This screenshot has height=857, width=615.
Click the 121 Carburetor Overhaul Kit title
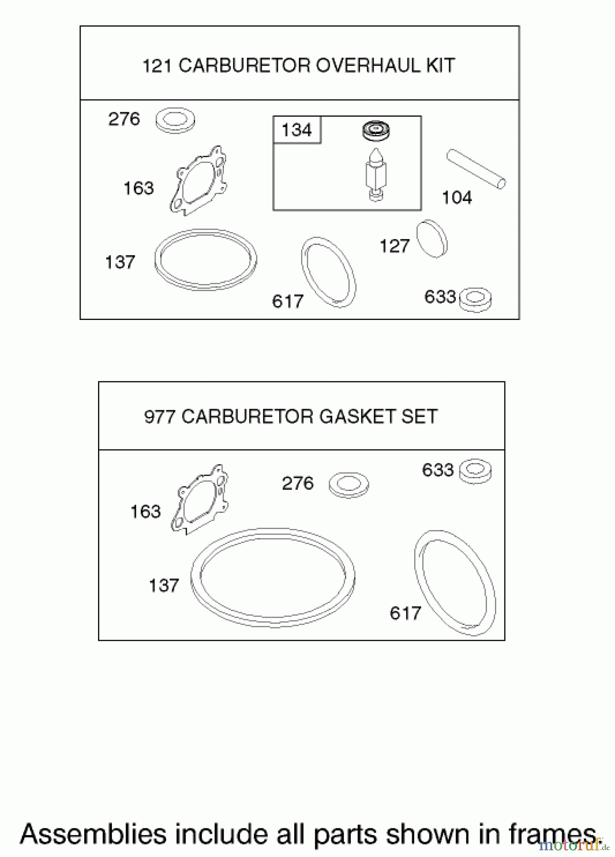click(298, 65)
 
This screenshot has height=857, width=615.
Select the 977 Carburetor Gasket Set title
click(291, 417)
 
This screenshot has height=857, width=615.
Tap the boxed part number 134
click(297, 130)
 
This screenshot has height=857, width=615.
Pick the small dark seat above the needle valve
click(375, 130)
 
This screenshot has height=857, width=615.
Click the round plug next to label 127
click(432, 239)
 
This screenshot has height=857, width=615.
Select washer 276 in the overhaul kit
click(176, 120)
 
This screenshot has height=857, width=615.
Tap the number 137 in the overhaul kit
click(120, 262)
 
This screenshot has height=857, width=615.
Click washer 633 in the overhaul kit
click(476, 299)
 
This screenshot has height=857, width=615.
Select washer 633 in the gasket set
click(475, 471)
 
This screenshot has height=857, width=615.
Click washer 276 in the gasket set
click(348, 484)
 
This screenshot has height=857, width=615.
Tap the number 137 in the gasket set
click(164, 586)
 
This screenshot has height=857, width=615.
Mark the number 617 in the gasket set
click(405, 613)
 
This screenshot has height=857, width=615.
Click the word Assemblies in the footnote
click(93, 833)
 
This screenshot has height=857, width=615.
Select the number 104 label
click(456, 198)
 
